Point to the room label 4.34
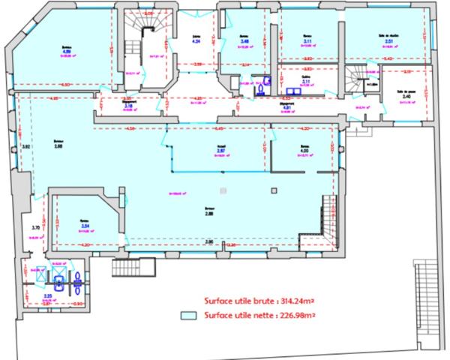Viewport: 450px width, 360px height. click(197, 42)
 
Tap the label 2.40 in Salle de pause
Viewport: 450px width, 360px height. click(406, 97)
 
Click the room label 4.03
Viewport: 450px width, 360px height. click(304, 151)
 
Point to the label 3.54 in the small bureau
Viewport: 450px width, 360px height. click(85, 225)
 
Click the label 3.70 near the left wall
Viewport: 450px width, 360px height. click(34, 227)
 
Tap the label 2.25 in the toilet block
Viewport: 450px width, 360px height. click(47, 296)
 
